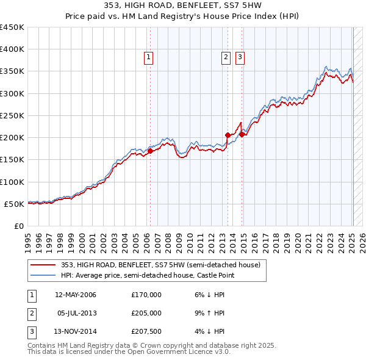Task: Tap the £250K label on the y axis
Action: (x=12, y=115)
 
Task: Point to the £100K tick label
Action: (x=12, y=182)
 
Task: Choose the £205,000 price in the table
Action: (x=146, y=313)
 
